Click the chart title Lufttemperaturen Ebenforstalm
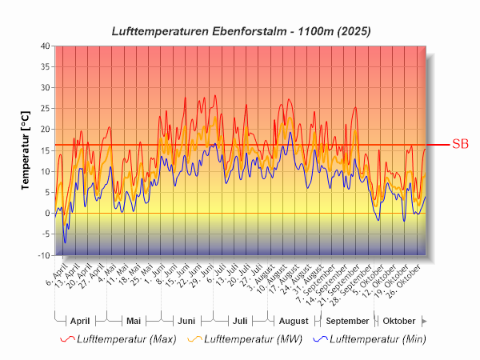click(241, 30)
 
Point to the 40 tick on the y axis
click(45, 46)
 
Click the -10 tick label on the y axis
click(43, 255)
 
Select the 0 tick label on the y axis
click(46, 214)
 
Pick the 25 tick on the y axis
click(45, 109)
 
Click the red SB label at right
click(460, 145)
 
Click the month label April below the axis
click(80, 321)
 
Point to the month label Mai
click(134, 321)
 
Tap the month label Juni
click(186, 321)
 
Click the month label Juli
click(240, 321)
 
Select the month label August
click(293, 321)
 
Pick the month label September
click(347, 321)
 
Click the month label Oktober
click(399, 321)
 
